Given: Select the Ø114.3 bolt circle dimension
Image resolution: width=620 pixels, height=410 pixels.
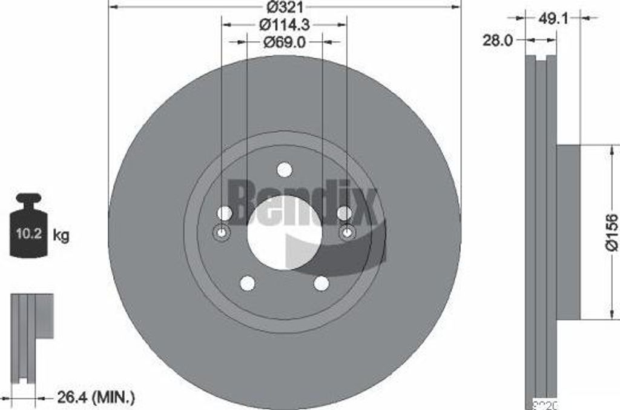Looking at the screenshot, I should click(x=285, y=25).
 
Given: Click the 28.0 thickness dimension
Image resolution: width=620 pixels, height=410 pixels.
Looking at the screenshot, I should click(x=498, y=41).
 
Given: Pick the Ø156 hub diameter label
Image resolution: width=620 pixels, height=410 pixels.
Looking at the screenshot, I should click(x=611, y=231).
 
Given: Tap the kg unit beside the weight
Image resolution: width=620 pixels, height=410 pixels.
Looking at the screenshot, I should click(x=61, y=235).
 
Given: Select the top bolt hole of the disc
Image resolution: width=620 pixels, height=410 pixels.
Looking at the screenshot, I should click(x=284, y=170).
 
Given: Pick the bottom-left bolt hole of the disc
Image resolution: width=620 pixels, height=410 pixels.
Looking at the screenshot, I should click(x=247, y=283).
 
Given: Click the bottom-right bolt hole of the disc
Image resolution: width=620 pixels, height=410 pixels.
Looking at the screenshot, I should click(x=322, y=283).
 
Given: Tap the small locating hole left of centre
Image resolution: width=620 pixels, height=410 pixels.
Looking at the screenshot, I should click(x=221, y=233).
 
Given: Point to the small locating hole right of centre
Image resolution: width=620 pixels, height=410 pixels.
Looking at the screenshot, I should click(x=347, y=233).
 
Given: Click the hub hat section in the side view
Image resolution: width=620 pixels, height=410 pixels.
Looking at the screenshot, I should click(x=569, y=231).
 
